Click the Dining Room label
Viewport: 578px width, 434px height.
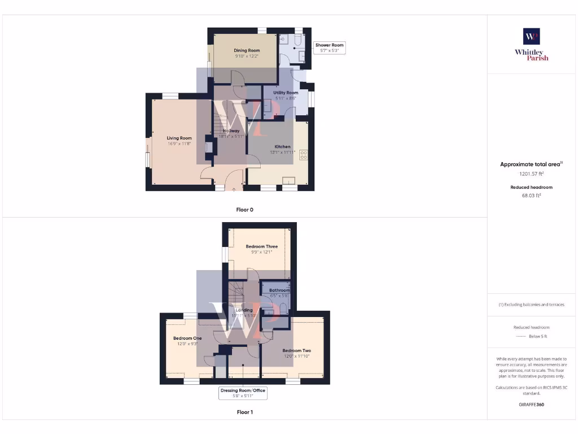247,51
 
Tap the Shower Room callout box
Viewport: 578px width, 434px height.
329,47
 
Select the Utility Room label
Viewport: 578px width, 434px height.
286,93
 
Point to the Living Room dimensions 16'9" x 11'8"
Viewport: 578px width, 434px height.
179,144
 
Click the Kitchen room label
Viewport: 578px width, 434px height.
282,147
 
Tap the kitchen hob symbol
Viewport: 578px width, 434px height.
304,154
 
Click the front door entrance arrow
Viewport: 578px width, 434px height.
234,190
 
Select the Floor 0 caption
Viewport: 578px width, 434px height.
244,210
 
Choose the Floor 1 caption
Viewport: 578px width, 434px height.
244,413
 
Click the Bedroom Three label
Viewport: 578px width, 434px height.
261,246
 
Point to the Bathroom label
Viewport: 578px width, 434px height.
279,290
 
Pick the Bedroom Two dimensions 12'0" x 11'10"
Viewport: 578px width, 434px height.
296,356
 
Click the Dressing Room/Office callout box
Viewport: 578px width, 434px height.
243,393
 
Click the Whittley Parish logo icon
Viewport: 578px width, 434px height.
531,36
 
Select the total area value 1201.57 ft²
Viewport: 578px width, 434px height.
531,175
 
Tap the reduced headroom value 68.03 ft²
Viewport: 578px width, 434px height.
531,196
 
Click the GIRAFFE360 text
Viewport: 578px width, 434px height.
531,405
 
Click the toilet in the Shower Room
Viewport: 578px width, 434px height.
284,39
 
